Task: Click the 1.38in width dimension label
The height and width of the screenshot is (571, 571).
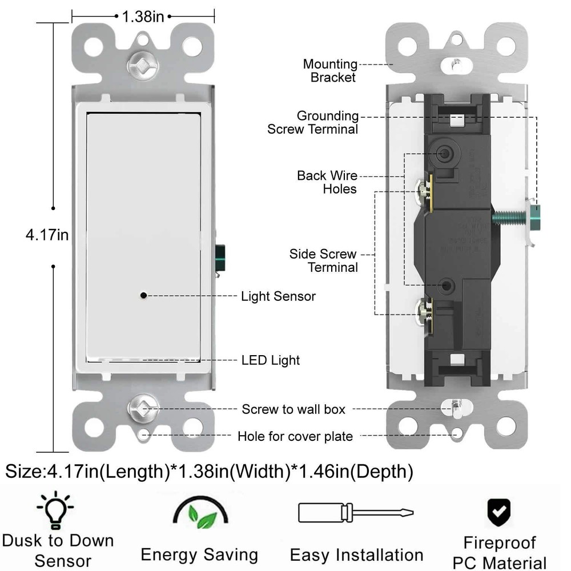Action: (143, 17)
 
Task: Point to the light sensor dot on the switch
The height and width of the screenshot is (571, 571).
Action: (143, 295)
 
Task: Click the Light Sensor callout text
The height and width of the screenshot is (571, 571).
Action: (278, 296)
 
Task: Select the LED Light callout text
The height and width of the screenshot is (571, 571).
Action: (270, 360)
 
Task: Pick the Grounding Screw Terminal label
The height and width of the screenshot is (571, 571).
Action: (313, 123)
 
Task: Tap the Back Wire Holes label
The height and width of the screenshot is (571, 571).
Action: (327, 182)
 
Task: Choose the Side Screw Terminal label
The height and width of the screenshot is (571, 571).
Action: (323, 260)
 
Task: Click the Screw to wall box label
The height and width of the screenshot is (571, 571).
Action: (293, 409)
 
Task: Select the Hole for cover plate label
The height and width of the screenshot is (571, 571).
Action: (295, 437)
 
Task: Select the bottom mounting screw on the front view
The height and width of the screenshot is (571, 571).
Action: (140, 408)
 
